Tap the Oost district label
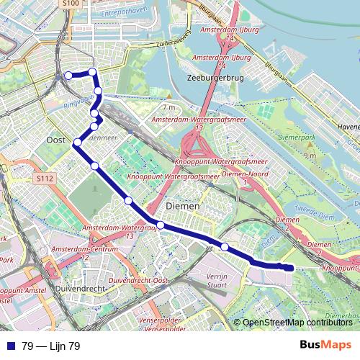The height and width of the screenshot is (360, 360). coord(55,140)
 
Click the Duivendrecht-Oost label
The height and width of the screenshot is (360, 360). coord(139,279)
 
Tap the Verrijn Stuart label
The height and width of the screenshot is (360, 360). coord(217,279)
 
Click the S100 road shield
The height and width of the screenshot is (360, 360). coord(70,4)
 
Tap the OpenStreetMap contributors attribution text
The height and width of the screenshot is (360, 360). coord(297,323)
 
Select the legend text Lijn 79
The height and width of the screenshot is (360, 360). coord(51,346)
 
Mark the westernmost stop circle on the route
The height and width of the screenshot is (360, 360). coord(68,75)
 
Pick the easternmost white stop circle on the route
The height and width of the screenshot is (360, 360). coord(225,247)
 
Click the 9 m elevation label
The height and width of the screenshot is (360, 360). coord(310,156)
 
